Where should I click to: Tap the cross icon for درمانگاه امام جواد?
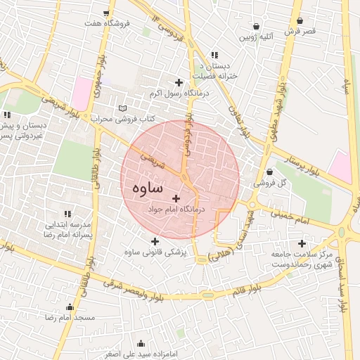click(x=176, y=199)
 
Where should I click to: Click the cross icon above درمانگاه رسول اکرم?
click(x=179, y=82)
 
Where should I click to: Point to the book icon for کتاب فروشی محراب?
click(x=124, y=109)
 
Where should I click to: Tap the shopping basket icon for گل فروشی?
click(x=270, y=172)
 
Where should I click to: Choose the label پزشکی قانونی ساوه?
click(x=154, y=253)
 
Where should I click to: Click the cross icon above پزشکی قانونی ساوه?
click(x=155, y=242)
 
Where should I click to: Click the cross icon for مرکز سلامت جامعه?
click(x=302, y=243)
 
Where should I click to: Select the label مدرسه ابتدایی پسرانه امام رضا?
click(x=69, y=230)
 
